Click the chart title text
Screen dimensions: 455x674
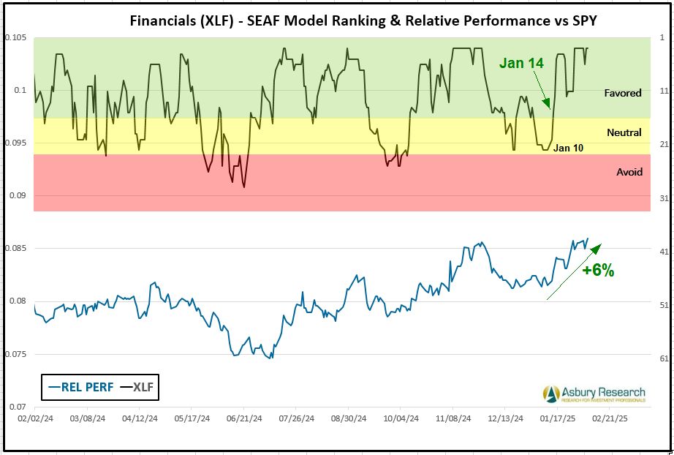[x=363, y=20]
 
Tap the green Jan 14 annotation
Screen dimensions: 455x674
[x=521, y=64]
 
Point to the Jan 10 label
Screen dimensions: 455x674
[x=568, y=148]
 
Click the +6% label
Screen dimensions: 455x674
[x=598, y=271]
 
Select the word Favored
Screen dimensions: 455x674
[x=623, y=93]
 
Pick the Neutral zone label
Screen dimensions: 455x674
[x=624, y=132]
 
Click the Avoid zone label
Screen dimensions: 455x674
[x=629, y=172]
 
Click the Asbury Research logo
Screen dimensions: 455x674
[x=594, y=394]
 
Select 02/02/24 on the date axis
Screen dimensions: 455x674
[x=34, y=420]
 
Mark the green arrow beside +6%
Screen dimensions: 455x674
[x=574, y=271]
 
